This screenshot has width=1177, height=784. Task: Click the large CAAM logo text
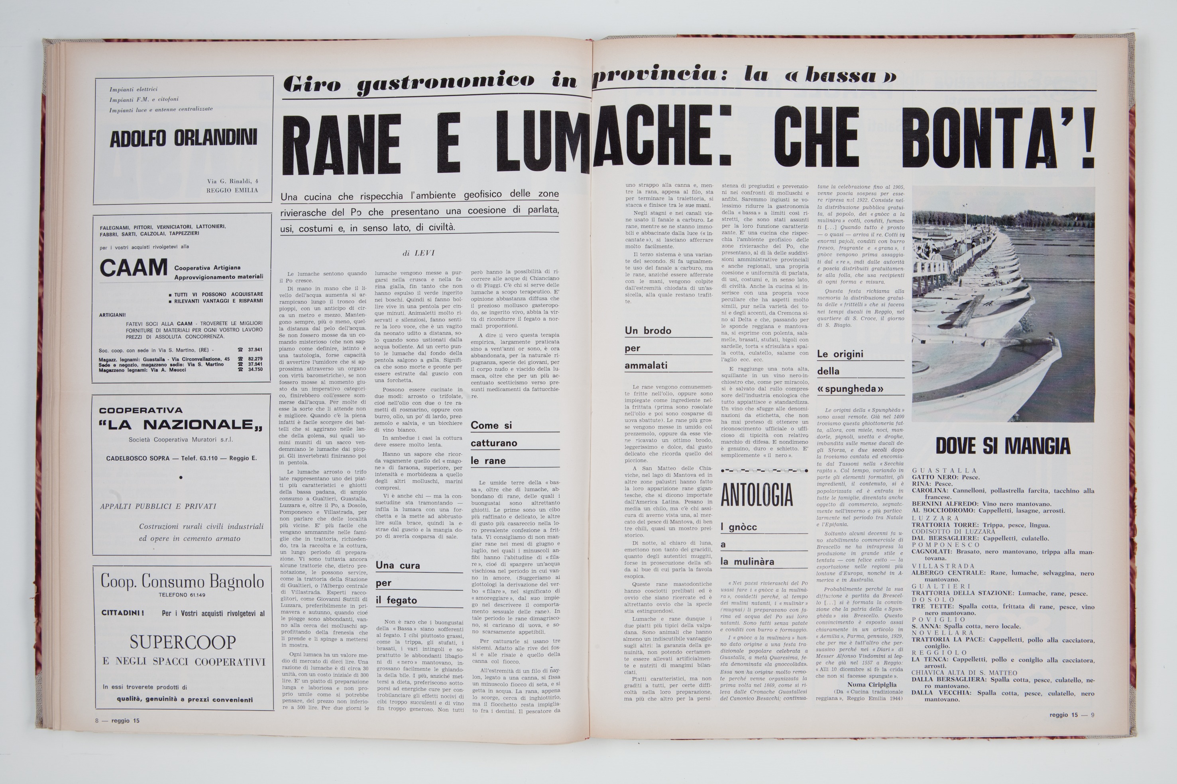[133, 268]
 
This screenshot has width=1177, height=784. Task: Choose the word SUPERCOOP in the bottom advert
[183, 642]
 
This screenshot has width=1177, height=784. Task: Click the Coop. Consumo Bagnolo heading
[182, 581]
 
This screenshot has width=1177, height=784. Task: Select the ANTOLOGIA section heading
[757, 495]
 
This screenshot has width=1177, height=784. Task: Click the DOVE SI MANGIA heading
[1003, 446]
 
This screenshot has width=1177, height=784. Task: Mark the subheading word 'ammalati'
[646, 366]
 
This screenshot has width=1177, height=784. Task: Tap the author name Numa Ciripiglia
[871, 684]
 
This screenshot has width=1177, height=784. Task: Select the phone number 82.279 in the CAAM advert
[255, 359]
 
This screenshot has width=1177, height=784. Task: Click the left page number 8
[96, 721]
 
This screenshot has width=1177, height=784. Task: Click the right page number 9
[1093, 715]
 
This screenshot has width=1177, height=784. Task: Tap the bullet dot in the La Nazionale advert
[181, 477]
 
